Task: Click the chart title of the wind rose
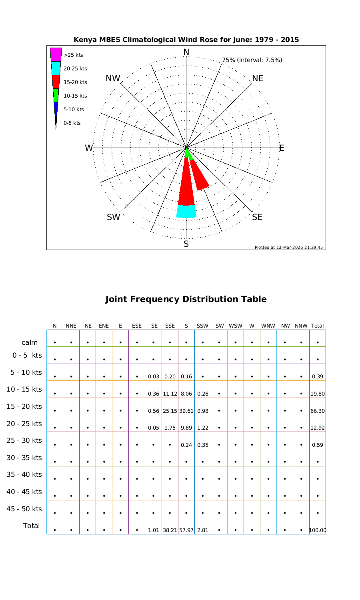point(186,40)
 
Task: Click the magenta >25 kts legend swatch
point(56,54)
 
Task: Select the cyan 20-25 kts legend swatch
point(56,68)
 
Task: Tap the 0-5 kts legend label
point(72,123)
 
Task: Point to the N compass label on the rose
point(186,52)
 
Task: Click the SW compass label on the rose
point(113,217)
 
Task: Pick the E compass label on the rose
point(282,148)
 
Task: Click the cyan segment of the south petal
point(186,211)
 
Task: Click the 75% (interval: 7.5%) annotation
point(252,60)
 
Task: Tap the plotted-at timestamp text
point(288,247)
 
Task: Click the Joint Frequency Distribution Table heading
point(186,299)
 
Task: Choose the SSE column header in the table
point(170,326)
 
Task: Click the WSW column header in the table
point(236,326)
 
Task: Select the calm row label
point(30,342)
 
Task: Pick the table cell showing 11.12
point(170,394)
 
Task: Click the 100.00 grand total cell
point(318,530)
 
